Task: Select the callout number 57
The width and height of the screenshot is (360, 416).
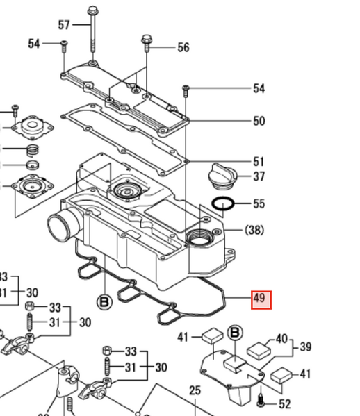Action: [x=64, y=26]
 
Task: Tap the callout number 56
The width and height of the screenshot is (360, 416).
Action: [x=183, y=47]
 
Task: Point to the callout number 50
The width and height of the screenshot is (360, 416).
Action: [x=259, y=121]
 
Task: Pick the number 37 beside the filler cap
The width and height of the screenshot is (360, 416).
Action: [x=259, y=176]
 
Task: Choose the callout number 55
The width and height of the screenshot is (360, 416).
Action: [x=259, y=204]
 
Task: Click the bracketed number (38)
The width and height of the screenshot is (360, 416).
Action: [x=254, y=230]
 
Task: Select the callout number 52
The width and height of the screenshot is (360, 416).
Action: [x=284, y=404]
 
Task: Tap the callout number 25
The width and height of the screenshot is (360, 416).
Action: [x=195, y=392]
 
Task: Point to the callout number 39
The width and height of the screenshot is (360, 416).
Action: [x=306, y=347]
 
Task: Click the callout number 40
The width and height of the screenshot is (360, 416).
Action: [x=281, y=339]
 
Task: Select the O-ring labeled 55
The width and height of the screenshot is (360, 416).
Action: [x=222, y=204]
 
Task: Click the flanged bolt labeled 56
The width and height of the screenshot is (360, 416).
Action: [x=147, y=40]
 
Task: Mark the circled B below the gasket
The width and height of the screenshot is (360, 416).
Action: [x=104, y=303]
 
